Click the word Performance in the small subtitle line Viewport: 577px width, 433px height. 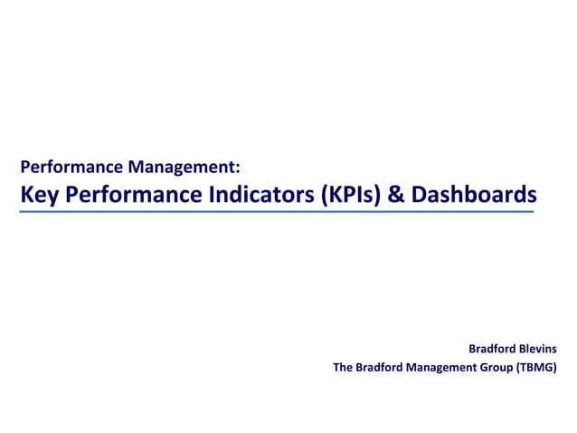pyautogui.click(x=72, y=168)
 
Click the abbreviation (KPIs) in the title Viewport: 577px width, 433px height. pyautogui.click(x=352, y=194)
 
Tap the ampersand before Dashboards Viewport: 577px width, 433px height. pyautogui.click(x=397, y=194)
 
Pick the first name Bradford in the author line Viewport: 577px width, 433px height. pyautogui.click(x=492, y=348)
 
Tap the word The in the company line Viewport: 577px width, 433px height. pyautogui.click(x=344, y=367)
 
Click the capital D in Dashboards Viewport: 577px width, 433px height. pyautogui.click(x=419, y=194)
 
